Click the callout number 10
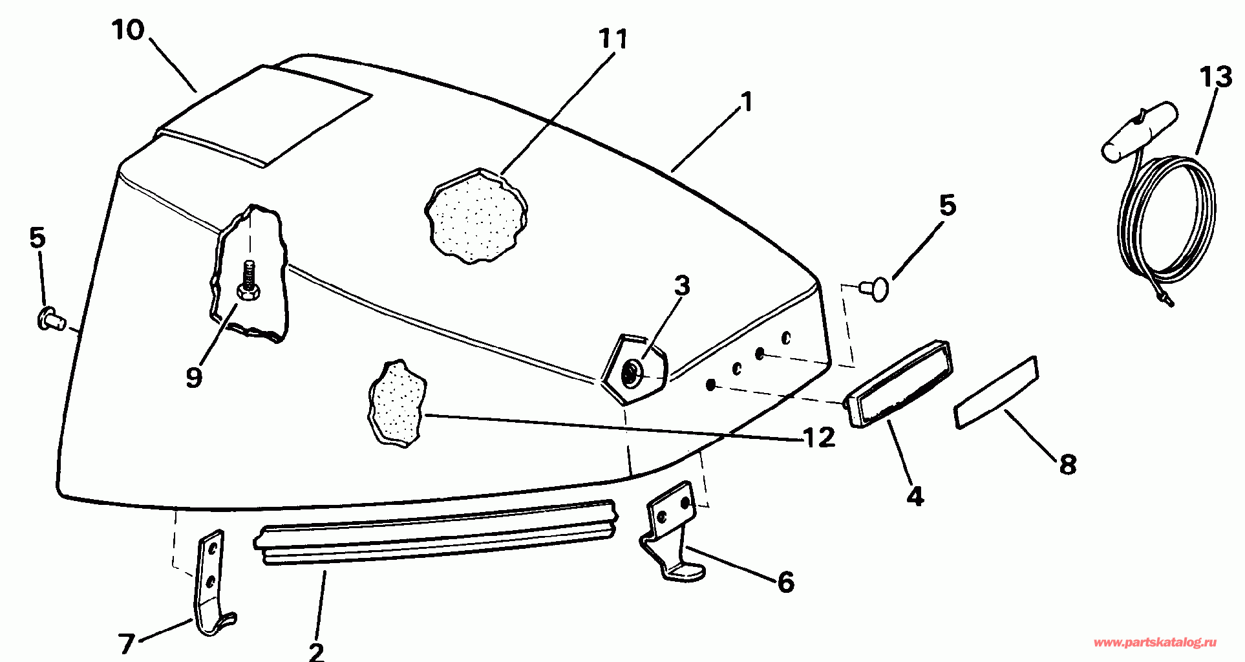pyautogui.click(x=128, y=30)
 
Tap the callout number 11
pyautogui.click(x=612, y=40)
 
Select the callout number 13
pyautogui.click(x=1215, y=78)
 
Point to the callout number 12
pyautogui.click(x=819, y=438)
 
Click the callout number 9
pyautogui.click(x=193, y=377)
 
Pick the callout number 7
pyautogui.click(x=126, y=643)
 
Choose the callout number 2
pyautogui.click(x=316, y=650)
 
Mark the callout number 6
pyautogui.click(x=785, y=582)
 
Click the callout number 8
pyautogui.click(x=1067, y=464)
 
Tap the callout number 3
pyautogui.click(x=682, y=286)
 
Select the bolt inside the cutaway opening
pyautogui.click(x=248, y=281)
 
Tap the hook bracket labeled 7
pyautogui.click(x=212, y=582)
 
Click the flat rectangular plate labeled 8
pyautogui.click(x=995, y=392)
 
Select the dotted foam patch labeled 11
pyautogui.click(x=475, y=217)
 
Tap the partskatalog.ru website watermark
pyautogui.click(x=1155, y=643)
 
